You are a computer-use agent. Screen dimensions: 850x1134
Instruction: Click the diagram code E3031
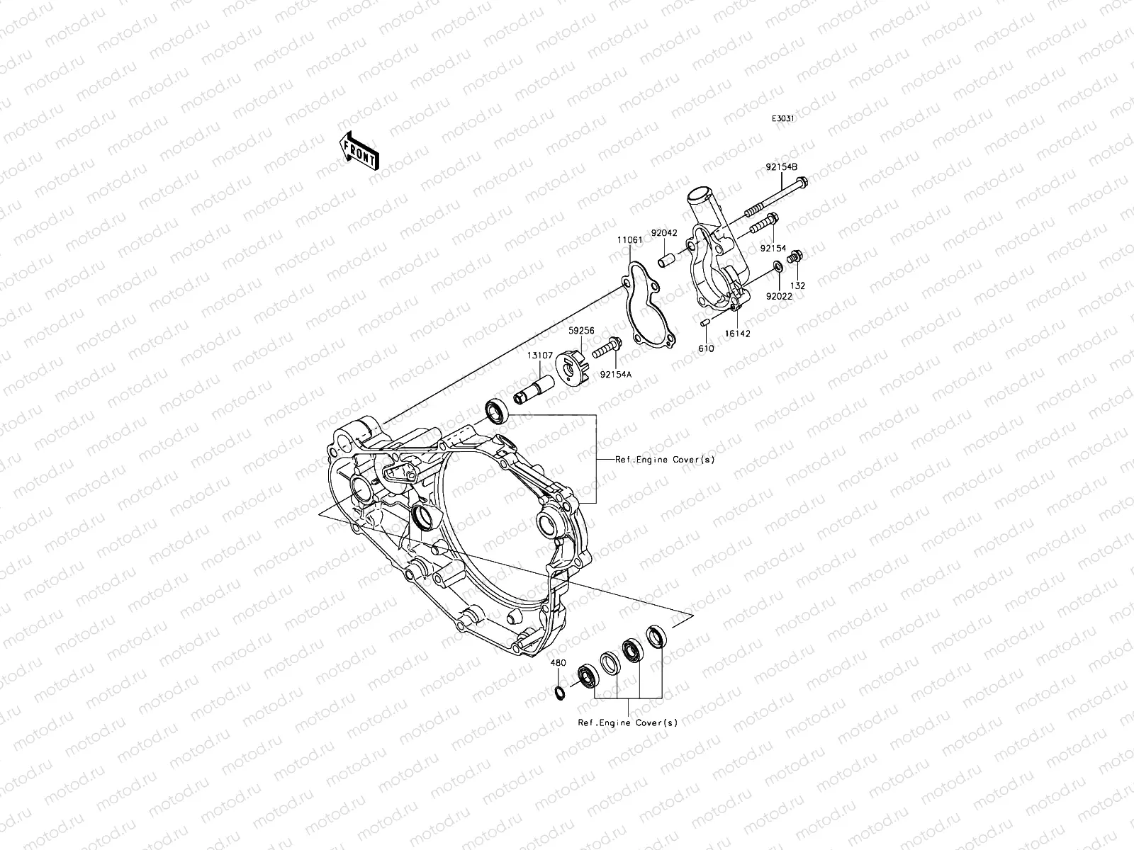(783, 120)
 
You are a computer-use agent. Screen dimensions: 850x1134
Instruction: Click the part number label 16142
(737, 332)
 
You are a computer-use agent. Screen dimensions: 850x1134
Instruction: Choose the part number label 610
(706, 348)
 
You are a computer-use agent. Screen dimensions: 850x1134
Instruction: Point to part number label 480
(558, 664)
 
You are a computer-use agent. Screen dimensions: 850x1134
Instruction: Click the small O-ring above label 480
(560, 691)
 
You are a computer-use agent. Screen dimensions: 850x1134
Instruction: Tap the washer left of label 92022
(777, 266)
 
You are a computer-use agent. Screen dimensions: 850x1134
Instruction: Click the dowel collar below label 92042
(666, 259)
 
